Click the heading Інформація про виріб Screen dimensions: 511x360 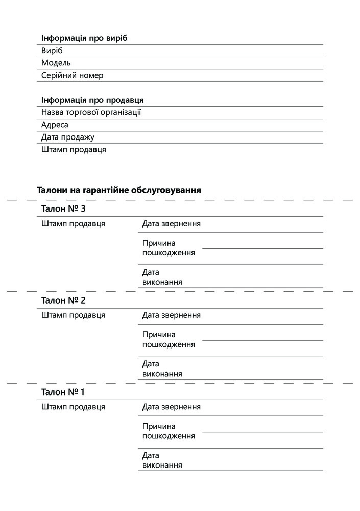tap(84, 39)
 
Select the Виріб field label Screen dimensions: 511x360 tap(52, 51)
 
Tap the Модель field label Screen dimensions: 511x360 tap(56, 63)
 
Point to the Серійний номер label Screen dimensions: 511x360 tap(72, 75)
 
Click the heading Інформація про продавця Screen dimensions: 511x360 tap(92, 100)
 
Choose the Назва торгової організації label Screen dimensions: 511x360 tap(91, 112)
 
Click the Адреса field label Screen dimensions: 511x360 tap(55, 125)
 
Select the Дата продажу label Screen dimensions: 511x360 tap(68, 137)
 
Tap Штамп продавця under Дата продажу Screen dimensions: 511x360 tap(74, 150)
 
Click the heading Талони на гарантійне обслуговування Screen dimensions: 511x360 tap(119, 190)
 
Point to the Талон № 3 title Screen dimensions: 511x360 tap(63, 209)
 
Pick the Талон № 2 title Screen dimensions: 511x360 tap(63, 300)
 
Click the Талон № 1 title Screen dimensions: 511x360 tap(63, 392)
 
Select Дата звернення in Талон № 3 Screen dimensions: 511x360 tap(172, 224)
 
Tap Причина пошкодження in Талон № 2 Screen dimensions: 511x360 tap(169, 339)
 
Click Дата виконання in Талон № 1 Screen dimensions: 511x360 tap(162, 460)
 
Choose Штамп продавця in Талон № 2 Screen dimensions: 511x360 tap(73, 315)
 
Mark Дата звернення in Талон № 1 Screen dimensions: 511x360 tap(172, 407)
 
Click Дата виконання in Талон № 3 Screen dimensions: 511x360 tap(162, 277)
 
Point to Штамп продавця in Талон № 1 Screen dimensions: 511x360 tap(73, 407)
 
